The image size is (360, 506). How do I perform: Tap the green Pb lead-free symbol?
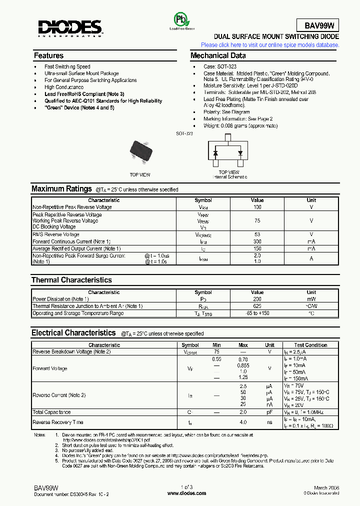[x=179, y=20]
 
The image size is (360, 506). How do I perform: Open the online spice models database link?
[x=270, y=45]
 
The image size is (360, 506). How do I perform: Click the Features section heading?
[x=48, y=55]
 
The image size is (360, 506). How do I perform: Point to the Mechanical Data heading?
[x=218, y=55]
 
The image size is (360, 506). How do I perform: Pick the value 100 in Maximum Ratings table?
[x=257, y=207]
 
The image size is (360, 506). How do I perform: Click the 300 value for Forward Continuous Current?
[x=257, y=241]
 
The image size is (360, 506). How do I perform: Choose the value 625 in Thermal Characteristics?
[x=257, y=306]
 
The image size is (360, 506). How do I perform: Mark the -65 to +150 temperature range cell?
[x=257, y=313]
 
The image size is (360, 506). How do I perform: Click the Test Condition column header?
[x=310, y=345]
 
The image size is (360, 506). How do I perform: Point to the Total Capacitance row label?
[x=51, y=412]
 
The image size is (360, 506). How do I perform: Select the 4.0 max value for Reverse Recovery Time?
[x=243, y=422]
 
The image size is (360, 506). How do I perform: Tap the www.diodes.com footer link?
[x=186, y=493]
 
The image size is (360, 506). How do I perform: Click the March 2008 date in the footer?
[x=327, y=487]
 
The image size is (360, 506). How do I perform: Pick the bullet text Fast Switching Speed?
[x=67, y=66]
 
